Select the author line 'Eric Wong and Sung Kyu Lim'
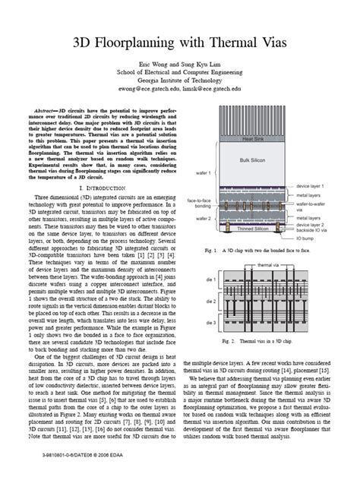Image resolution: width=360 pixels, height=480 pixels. point(180,64)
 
